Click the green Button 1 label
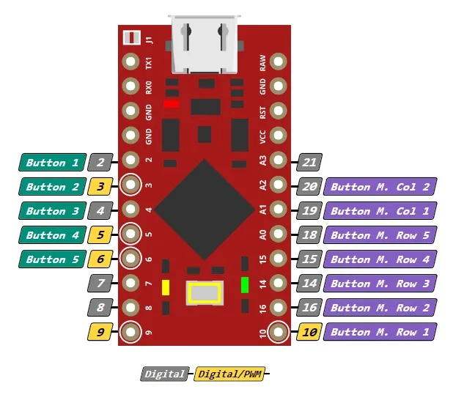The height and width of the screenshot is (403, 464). (52, 162)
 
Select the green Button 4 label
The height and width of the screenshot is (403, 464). (52, 235)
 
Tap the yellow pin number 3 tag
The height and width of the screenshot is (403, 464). (100, 186)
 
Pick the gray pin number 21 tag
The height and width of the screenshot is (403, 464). (309, 162)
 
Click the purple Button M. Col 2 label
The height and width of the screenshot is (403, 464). (380, 186)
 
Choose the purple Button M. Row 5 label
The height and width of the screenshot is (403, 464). (380, 235)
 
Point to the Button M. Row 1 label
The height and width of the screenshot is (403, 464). (380, 332)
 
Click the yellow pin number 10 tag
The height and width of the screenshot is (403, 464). (309, 332)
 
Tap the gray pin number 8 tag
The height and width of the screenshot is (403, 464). (100, 308)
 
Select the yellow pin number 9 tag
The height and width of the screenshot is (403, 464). (100, 332)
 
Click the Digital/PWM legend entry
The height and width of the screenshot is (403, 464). (229, 374)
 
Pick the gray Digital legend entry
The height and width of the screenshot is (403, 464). (165, 374)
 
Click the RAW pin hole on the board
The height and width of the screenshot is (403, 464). (278, 62)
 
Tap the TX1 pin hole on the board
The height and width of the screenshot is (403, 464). (130, 62)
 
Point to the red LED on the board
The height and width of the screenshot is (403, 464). (171, 104)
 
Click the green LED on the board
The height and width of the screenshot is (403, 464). (245, 285)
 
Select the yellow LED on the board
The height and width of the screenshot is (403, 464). (166, 288)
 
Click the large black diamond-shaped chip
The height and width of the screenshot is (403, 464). (205, 210)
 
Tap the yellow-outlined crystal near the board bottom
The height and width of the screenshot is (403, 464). (205, 293)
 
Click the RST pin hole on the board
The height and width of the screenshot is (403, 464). (278, 111)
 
